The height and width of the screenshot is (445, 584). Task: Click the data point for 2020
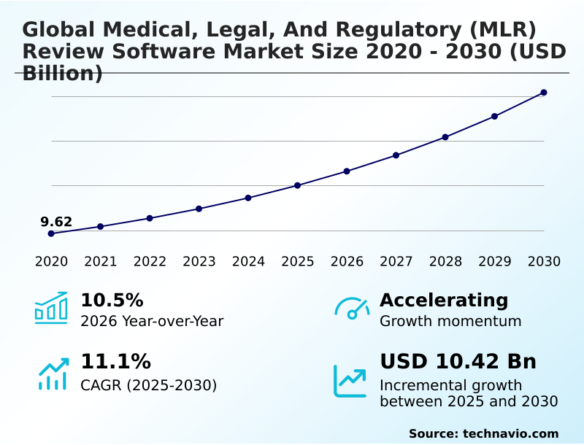pos(51,233)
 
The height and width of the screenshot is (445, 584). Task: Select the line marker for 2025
pos(297,185)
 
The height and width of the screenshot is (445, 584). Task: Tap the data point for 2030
pos(544,93)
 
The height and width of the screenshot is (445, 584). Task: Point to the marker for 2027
pos(396,155)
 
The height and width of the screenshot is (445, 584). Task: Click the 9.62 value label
pos(56,222)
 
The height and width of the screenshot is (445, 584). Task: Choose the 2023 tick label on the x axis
pos(199,262)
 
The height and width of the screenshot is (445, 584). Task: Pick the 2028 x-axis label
pos(445,262)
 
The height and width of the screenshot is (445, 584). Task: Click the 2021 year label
pos(100,262)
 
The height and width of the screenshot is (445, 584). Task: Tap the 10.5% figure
pos(112,301)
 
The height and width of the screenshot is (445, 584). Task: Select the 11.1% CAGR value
pos(115,362)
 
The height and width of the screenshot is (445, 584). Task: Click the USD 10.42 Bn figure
pos(458,362)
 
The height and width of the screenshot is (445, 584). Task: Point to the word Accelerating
pos(444,300)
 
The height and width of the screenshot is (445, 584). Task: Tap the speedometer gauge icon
pos(352,308)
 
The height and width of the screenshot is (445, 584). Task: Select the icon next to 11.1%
pos(53,374)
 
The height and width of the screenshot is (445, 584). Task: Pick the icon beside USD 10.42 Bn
pos(350,381)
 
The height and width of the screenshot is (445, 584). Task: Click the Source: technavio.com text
pos(483,433)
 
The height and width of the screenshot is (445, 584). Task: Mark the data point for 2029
pos(494,116)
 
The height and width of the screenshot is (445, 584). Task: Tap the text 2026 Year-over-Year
pos(152,321)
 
